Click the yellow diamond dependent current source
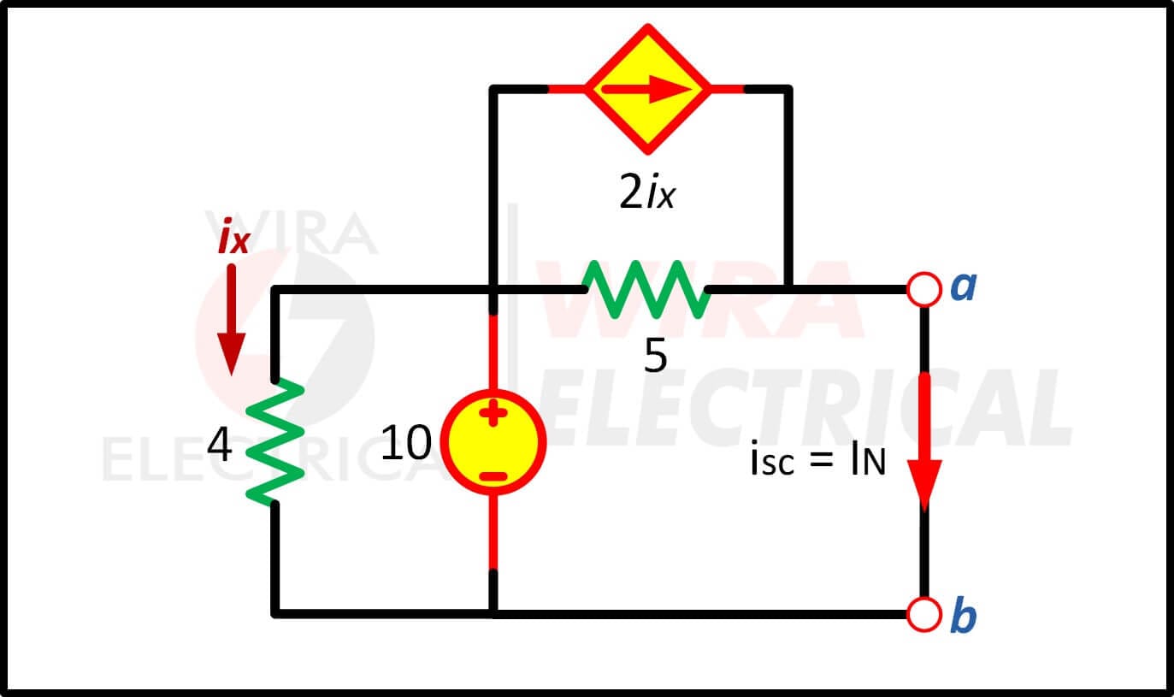pyautogui.click(x=648, y=89)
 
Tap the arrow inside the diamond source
pyautogui.click(x=647, y=89)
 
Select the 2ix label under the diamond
pyautogui.click(x=647, y=192)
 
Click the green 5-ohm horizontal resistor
pyautogui.click(x=646, y=289)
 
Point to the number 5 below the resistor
pyautogui.click(x=655, y=355)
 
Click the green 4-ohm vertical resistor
pyautogui.click(x=274, y=442)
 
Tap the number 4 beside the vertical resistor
pyautogui.click(x=220, y=445)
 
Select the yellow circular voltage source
pyautogui.click(x=493, y=442)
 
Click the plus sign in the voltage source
pyautogui.click(x=493, y=413)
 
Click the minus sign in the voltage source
pyautogui.click(x=493, y=476)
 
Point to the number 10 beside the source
pyautogui.click(x=406, y=443)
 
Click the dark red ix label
pyautogui.click(x=233, y=237)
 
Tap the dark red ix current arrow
pyautogui.click(x=232, y=320)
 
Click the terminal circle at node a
pyautogui.click(x=923, y=289)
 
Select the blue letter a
pyautogui.click(x=964, y=287)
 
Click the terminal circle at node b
pyautogui.click(x=923, y=614)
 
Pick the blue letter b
pyautogui.click(x=964, y=614)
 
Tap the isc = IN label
pyautogui.click(x=818, y=458)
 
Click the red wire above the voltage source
pyautogui.click(x=493, y=351)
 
